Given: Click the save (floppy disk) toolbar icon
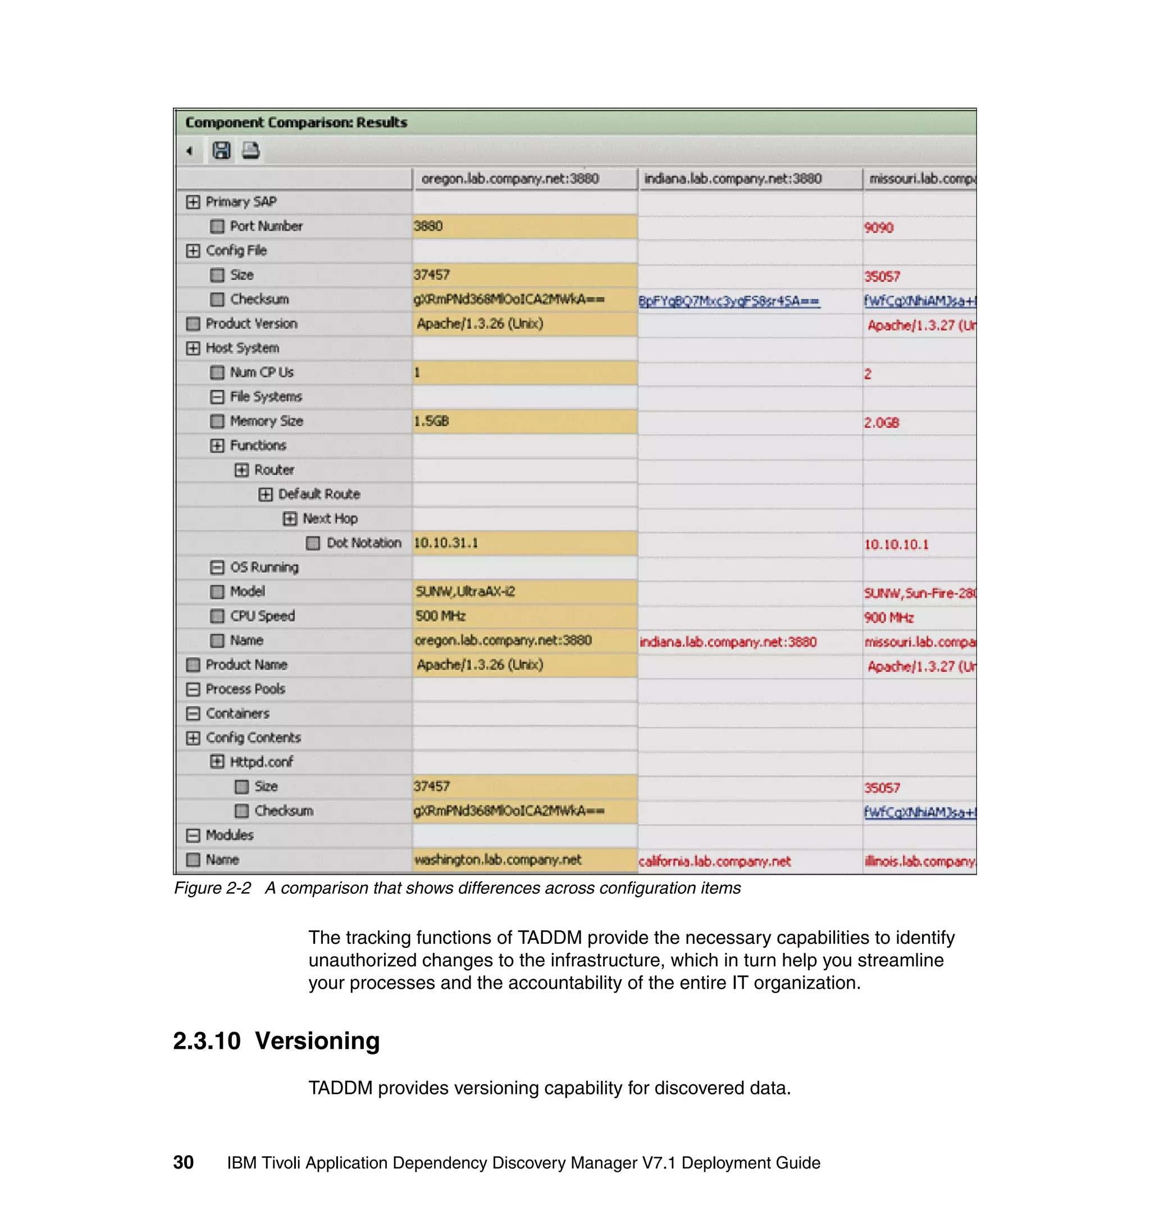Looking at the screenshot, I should pos(221,150).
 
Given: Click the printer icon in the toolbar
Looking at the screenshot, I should pos(250,150).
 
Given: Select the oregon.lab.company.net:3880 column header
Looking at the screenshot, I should pos(510,179).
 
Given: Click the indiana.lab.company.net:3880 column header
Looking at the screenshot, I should pos(733,179).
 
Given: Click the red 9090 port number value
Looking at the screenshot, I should pos(878,228).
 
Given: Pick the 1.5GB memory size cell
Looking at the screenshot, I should pos(432,421).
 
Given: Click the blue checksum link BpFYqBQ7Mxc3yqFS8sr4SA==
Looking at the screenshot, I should pos(729,301).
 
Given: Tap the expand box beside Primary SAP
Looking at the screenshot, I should pos(193,202).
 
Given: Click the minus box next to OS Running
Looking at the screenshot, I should pos(217,567).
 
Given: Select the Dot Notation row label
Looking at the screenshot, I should pos(363,543).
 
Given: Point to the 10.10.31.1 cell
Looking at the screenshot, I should pos(446,543).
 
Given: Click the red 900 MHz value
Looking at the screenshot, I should pos(889,617).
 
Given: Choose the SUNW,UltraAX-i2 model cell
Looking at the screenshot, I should pos(466,592).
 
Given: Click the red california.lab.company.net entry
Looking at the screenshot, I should pos(715,862).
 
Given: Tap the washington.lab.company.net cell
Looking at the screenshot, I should pos(498,860).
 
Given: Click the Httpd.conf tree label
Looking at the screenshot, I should pos(261,762).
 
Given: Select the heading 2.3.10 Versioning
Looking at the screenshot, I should pos(276,1042).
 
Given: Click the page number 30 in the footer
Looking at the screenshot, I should pos(183,1162).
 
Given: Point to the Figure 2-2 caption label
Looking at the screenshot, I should pos(212,889).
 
